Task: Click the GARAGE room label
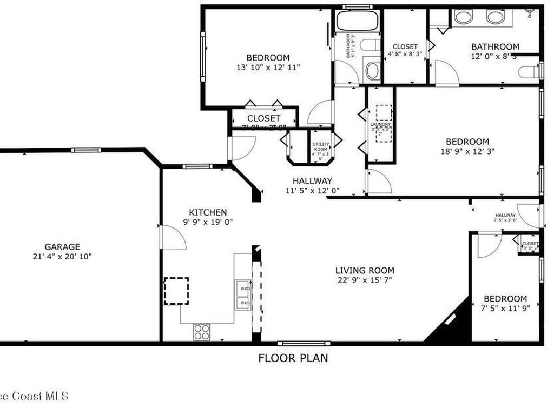(x=62, y=247)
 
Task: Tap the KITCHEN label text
(x=208, y=212)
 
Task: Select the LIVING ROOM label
(x=365, y=271)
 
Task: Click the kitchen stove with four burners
(x=202, y=331)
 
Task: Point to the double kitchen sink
(x=243, y=295)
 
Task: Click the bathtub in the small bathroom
(x=357, y=21)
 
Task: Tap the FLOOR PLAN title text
(x=293, y=358)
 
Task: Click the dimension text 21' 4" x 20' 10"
(x=62, y=257)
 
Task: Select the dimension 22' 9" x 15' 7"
(x=365, y=280)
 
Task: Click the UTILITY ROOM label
(x=320, y=147)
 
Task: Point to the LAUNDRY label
(x=380, y=125)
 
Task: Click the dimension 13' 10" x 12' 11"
(x=268, y=68)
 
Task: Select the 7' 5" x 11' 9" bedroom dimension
(x=505, y=309)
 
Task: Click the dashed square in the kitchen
(x=176, y=291)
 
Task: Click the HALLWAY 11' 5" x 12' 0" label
(x=312, y=185)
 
